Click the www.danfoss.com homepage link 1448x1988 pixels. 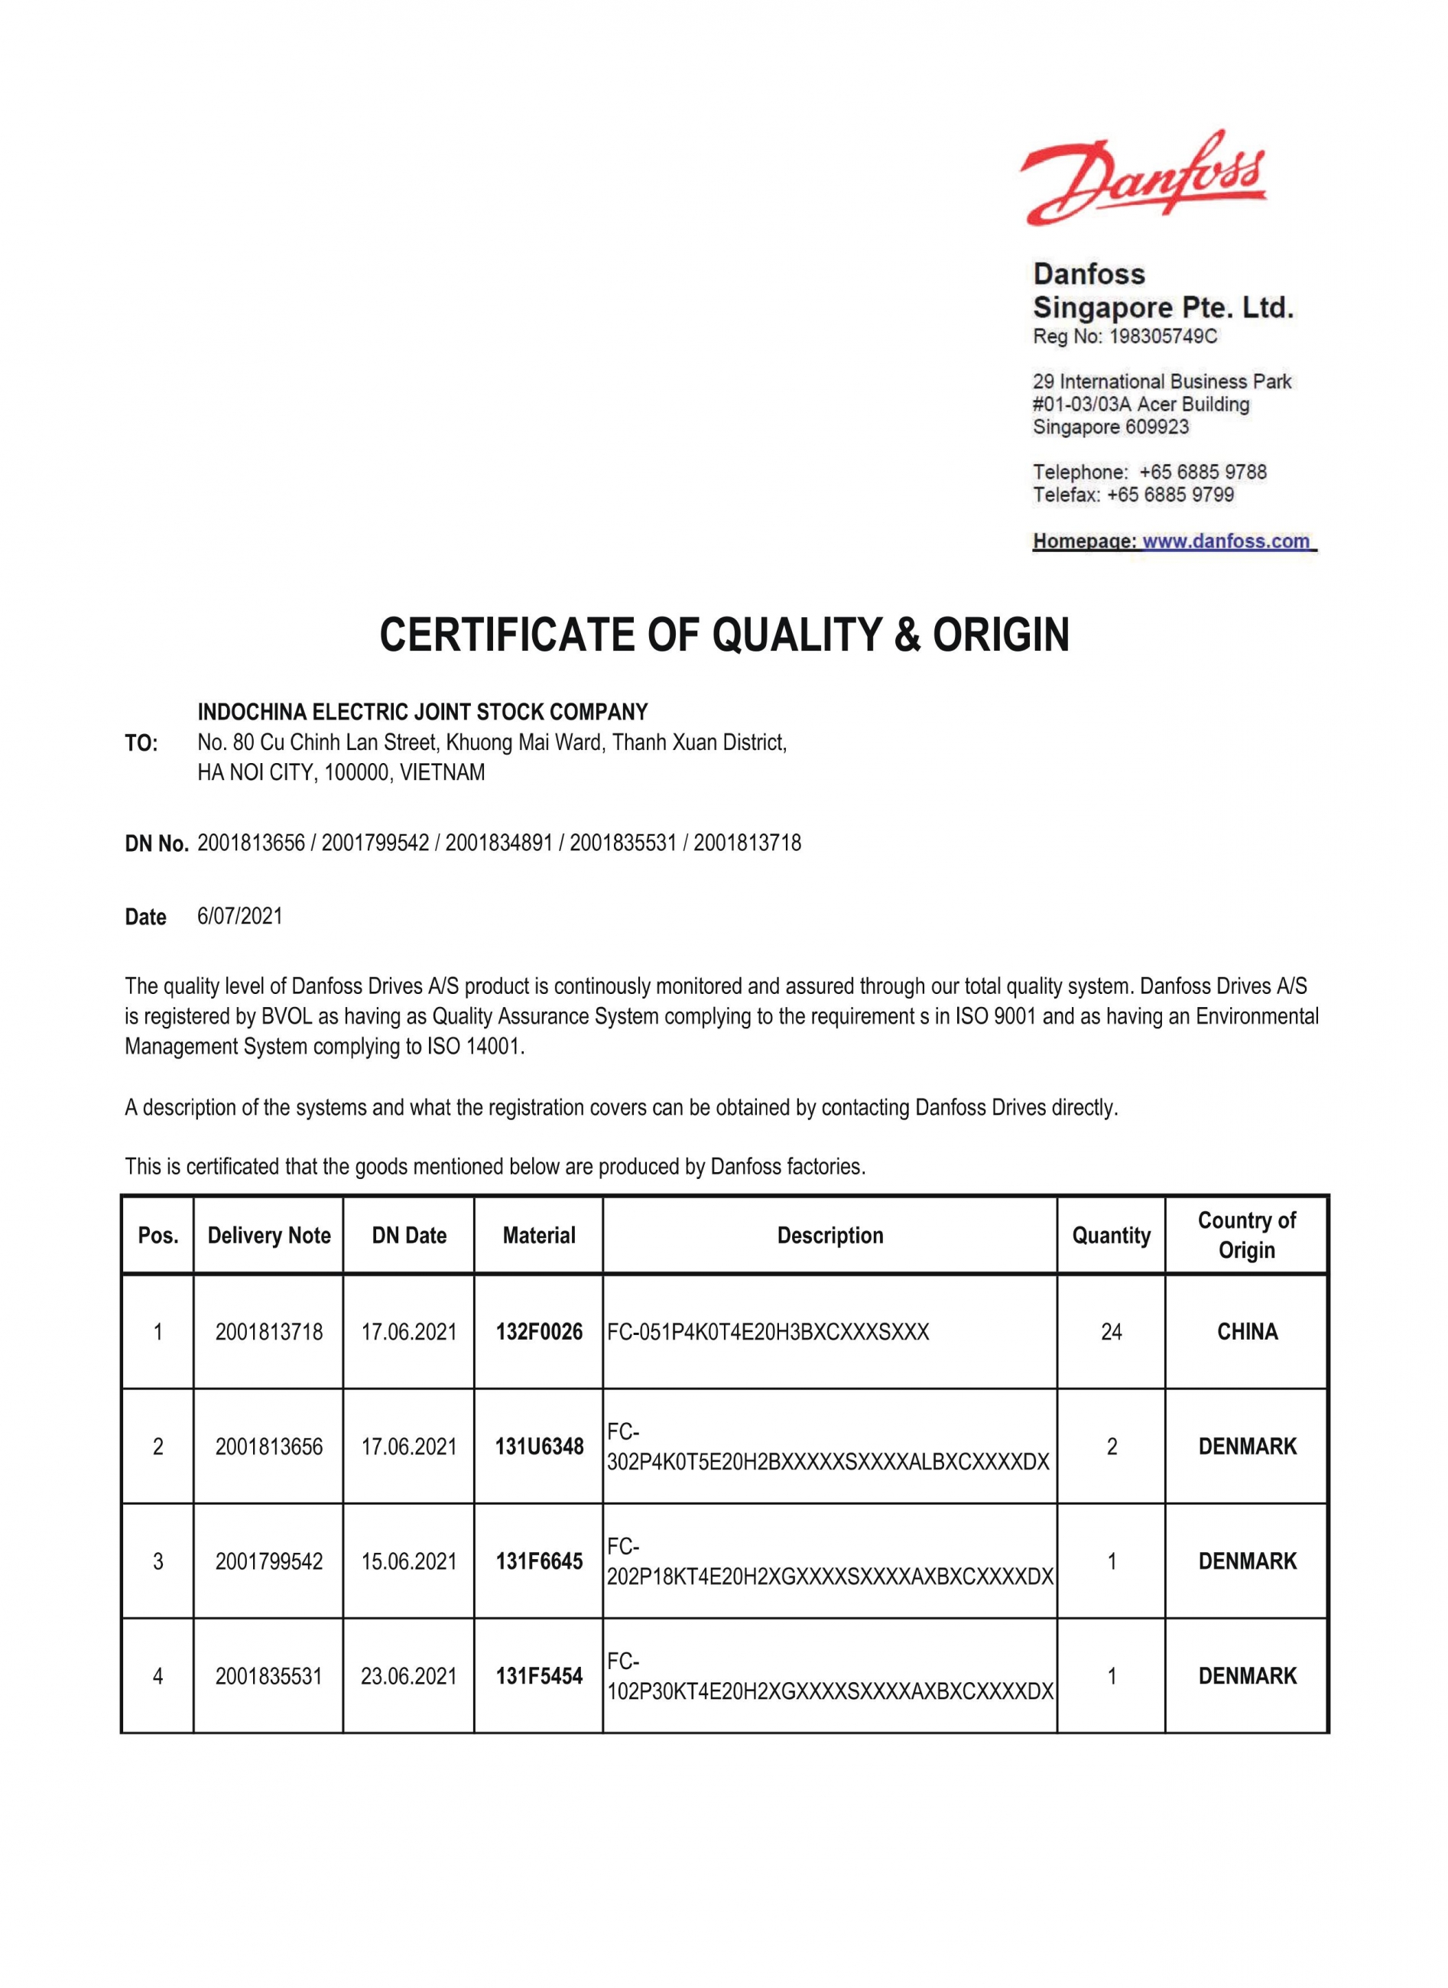coord(1226,541)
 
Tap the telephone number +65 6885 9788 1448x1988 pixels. coord(1203,472)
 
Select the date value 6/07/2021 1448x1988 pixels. coord(240,916)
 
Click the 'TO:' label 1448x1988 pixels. coord(141,743)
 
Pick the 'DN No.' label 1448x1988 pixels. coord(157,843)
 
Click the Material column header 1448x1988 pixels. coord(539,1235)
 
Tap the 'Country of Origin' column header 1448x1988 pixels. coord(1246,1235)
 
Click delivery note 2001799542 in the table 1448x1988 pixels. coord(269,1561)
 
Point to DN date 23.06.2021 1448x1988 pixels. coord(408,1676)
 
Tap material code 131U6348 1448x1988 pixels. coord(539,1447)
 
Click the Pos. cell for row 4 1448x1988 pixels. coord(157,1676)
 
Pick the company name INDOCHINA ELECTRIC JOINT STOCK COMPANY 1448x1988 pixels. coord(423,712)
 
